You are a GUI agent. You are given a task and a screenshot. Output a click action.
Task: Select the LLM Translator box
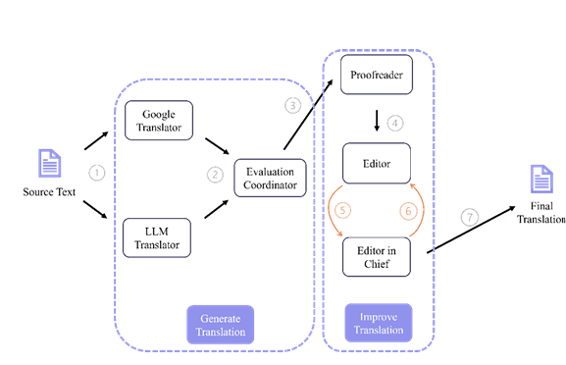158,237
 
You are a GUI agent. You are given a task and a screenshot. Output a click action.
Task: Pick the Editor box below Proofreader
378,163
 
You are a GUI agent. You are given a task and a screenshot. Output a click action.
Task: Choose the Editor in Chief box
378,256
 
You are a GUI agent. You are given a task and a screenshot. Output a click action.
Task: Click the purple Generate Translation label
220,325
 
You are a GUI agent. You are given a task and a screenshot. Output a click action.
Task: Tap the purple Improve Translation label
378,323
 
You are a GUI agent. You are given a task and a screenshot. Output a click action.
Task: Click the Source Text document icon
49,164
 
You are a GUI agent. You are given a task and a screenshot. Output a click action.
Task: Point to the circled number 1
96,173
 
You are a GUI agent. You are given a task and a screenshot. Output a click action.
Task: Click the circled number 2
216,175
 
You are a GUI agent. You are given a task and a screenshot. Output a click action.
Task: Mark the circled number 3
291,105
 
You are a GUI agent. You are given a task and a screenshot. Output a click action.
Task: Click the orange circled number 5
343,210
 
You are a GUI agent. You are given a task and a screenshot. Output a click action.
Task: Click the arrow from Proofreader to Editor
377,122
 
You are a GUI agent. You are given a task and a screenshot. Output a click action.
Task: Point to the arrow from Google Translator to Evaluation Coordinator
216,145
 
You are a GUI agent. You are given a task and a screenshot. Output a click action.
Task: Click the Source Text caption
49,191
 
